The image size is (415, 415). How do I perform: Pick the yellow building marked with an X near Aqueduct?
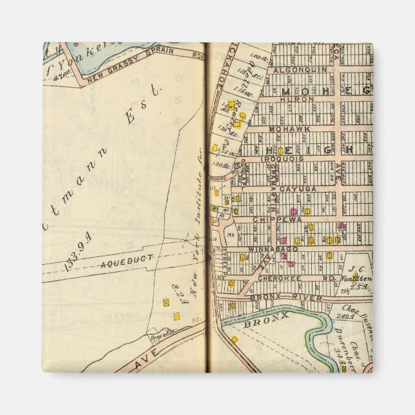pos(166,302)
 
